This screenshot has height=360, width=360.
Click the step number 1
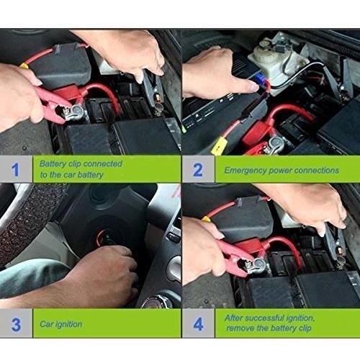[15, 170]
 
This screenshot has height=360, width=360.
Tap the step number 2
[198, 170]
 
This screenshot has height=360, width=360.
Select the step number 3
[16, 325]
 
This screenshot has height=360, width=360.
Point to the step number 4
[198, 324]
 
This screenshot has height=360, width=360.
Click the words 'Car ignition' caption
[61, 324]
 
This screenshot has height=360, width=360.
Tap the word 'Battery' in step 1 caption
[53, 164]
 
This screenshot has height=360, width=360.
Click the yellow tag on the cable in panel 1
[24, 66]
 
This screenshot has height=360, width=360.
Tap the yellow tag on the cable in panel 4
[206, 219]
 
